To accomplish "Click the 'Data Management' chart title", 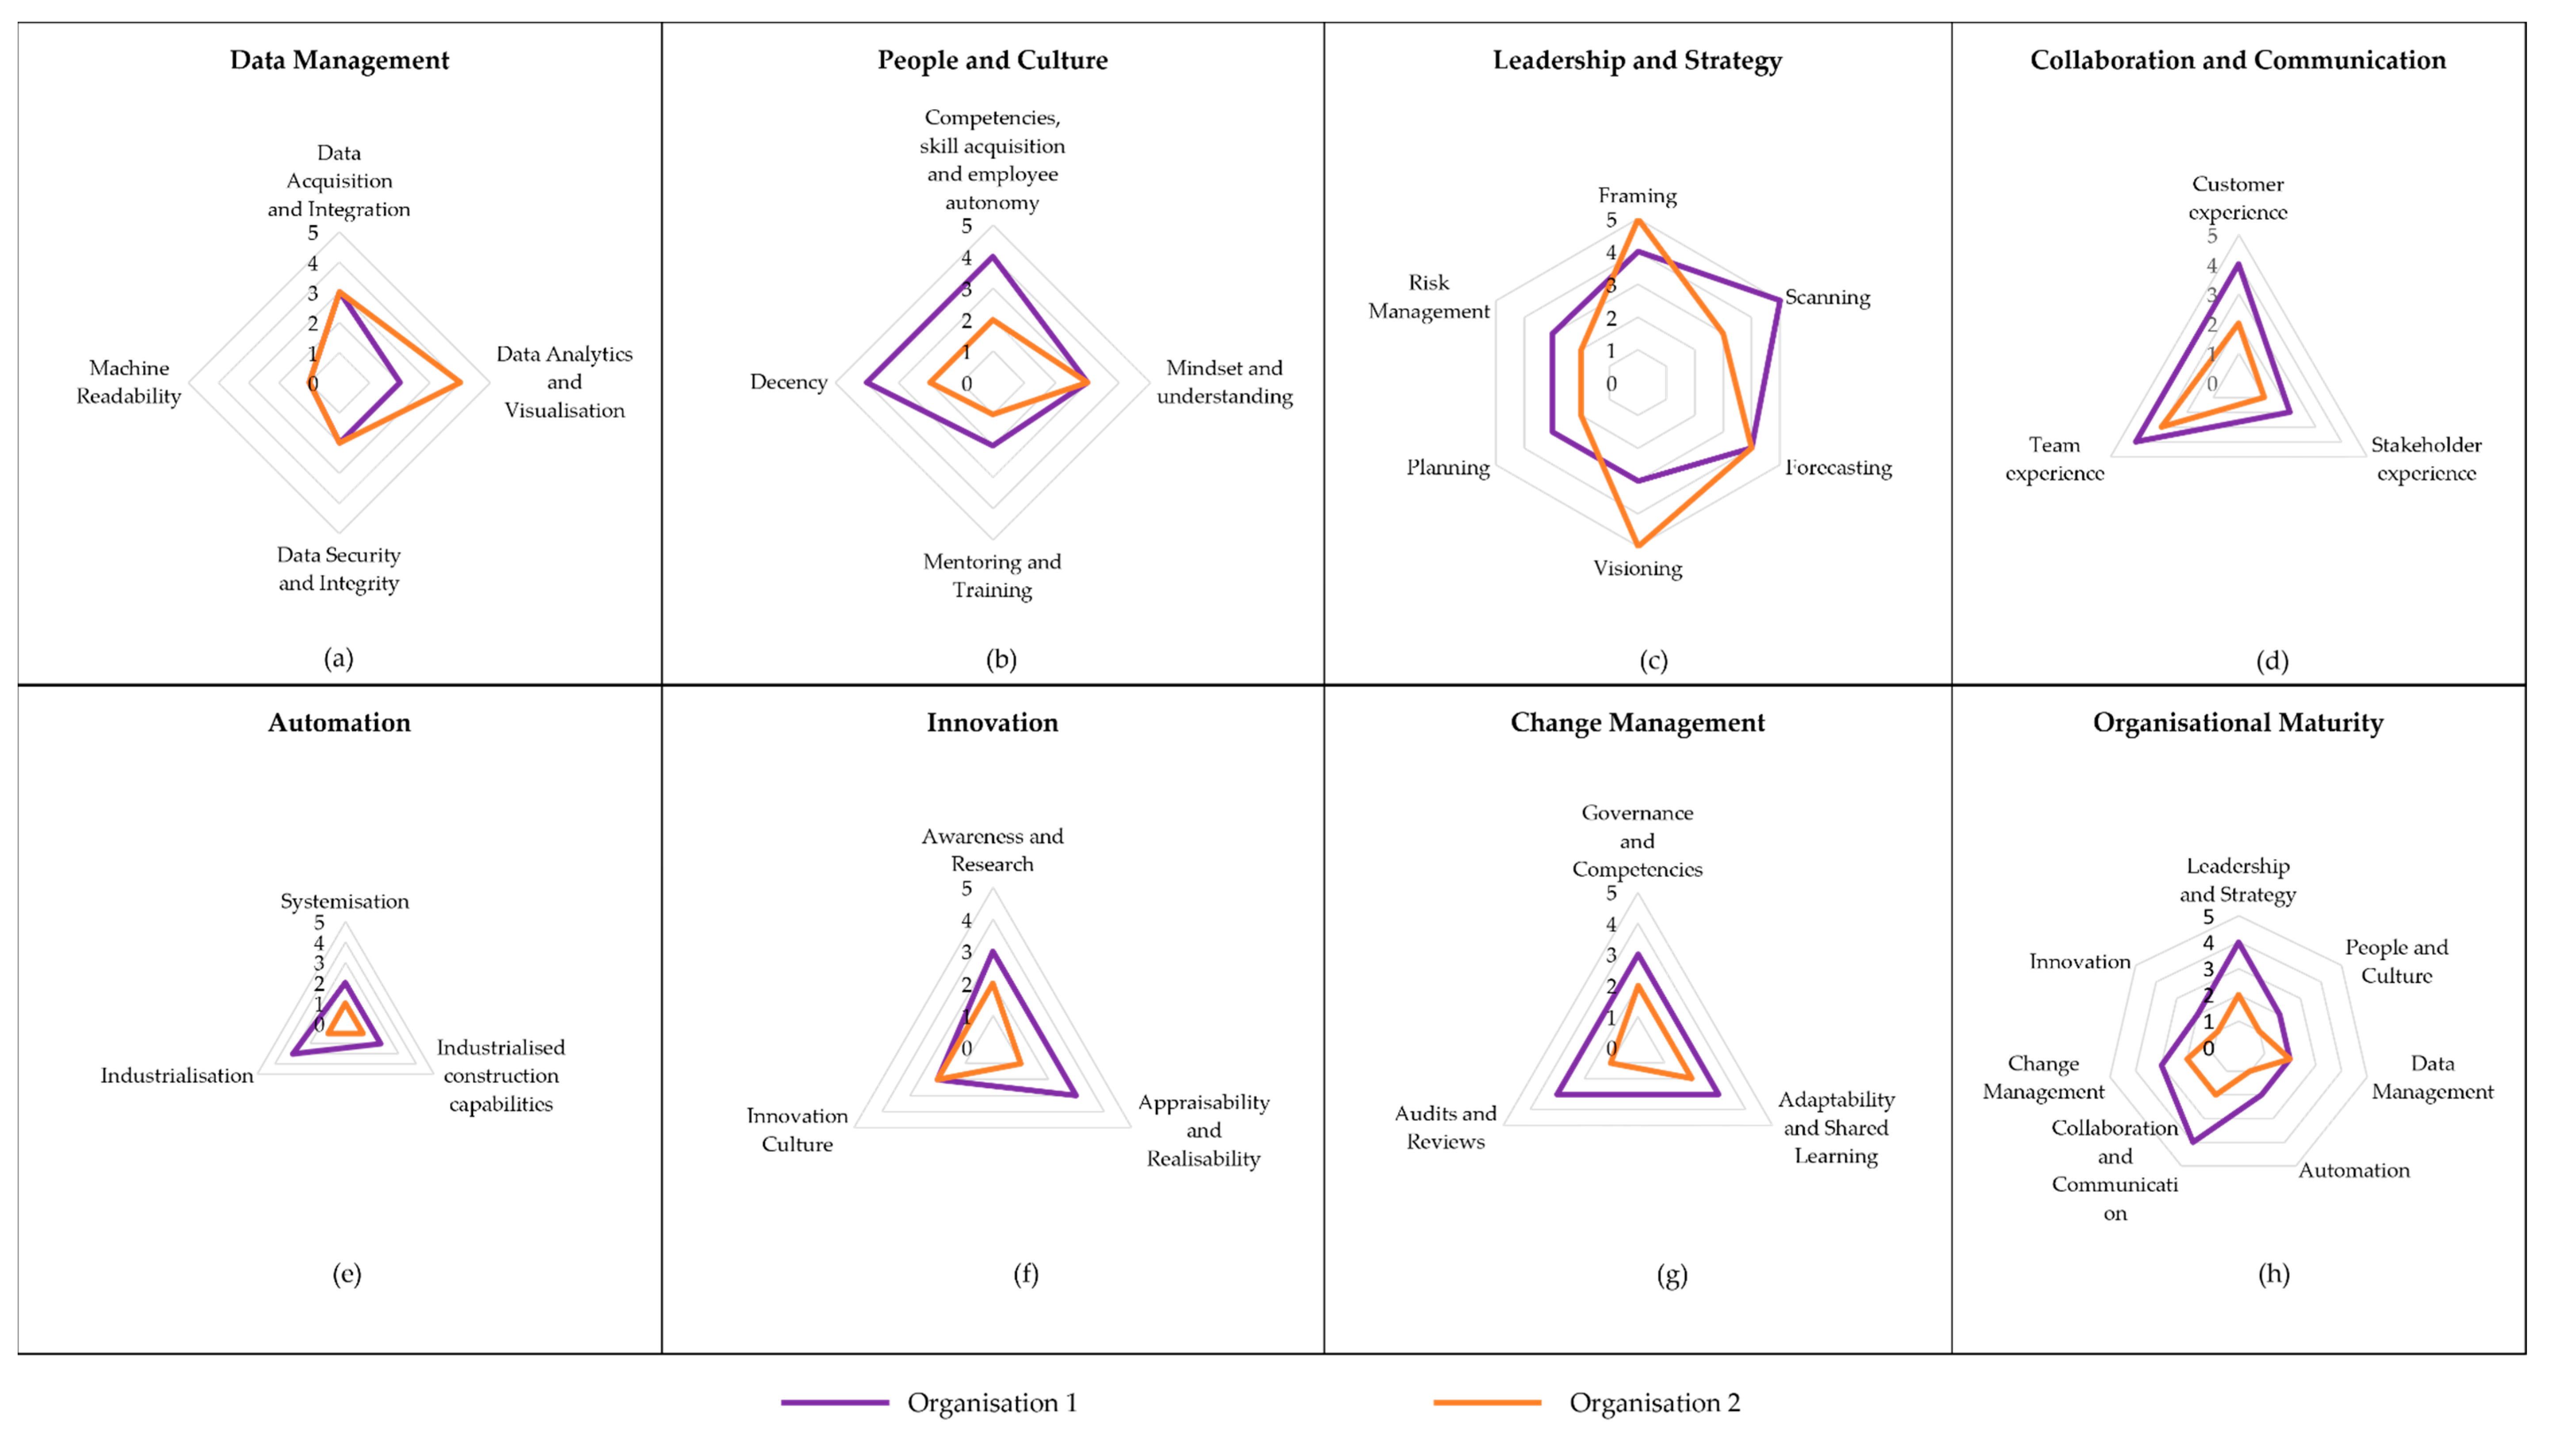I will click(339, 61).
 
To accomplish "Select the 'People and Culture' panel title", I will click(992, 61).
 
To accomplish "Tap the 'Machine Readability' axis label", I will click(129, 382).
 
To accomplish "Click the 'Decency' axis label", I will click(789, 382).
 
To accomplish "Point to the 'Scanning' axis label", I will click(1827, 298).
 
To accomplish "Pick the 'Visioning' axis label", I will click(1638, 568).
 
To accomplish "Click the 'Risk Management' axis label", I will click(1428, 297).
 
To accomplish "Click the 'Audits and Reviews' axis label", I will click(1445, 1127).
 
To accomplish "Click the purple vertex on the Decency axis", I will click(866, 383).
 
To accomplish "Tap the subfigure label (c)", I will click(1653, 661).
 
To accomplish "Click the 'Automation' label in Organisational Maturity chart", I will click(2354, 1170).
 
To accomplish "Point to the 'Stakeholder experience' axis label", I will click(2426, 459).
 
